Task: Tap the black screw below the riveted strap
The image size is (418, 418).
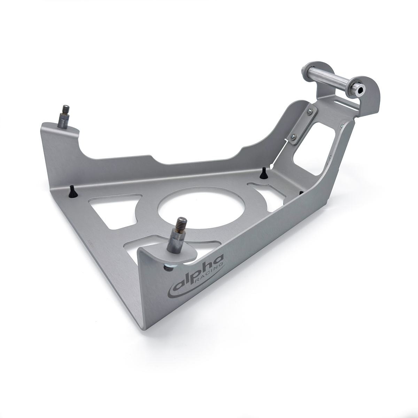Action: (264, 172)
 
